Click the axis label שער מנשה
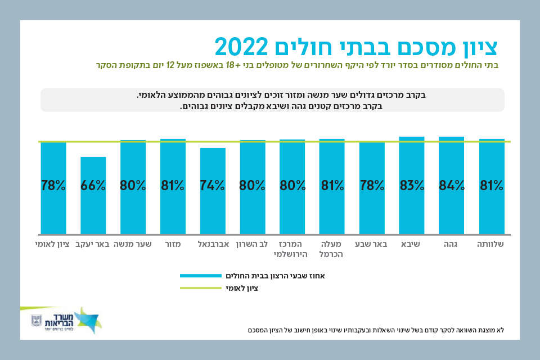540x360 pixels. point(133,244)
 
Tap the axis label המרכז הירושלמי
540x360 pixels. point(292,249)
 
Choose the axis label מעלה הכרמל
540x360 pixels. point(332,249)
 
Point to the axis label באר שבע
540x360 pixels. point(371,244)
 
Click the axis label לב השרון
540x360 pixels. point(252,244)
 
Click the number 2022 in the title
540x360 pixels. point(243,46)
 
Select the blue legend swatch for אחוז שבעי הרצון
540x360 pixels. point(201,276)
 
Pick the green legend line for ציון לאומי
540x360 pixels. point(201,287)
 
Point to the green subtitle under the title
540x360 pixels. point(298,65)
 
